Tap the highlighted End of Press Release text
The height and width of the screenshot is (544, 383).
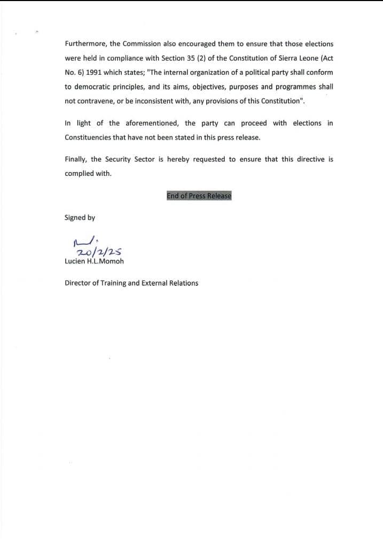tap(199, 196)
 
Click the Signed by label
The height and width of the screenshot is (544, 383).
tap(80, 217)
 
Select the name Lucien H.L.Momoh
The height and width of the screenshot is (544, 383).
tap(95, 261)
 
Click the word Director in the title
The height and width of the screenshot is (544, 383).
tap(78, 283)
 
